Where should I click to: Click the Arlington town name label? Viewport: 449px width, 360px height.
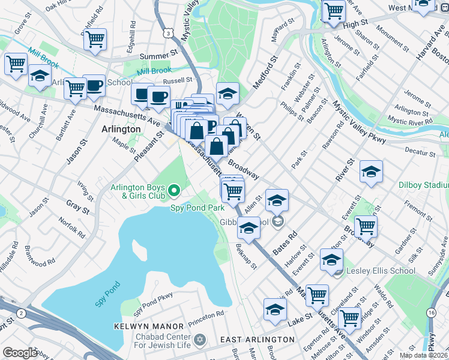pos(121,129)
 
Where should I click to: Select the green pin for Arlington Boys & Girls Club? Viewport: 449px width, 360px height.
pos(175,191)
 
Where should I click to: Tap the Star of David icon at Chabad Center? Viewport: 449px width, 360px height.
pos(200,340)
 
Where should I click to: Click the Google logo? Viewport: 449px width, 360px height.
pos(20,352)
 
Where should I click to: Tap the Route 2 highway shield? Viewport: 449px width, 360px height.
pos(22,313)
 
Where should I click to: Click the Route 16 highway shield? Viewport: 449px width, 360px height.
pos(431,313)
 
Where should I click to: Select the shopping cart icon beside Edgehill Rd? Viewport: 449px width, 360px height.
pos(95,40)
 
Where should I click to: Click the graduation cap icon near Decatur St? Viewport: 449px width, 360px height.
pos(371,172)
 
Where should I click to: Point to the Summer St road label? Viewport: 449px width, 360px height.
pos(155,56)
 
